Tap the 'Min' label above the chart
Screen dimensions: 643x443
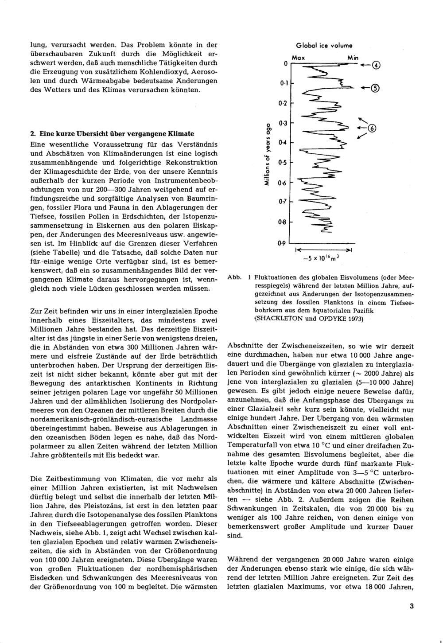pyautogui.click(x=353, y=58)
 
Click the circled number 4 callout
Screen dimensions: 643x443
pyautogui.click(x=376, y=66)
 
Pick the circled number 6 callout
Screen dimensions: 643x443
pyautogui.click(x=372, y=129)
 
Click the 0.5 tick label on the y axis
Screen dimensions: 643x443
pyautogui.click(x=282, y=163)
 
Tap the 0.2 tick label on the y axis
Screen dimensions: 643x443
pyautogui.click(x=282, y=103)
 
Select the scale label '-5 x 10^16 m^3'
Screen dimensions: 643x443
pyautogui.click(x=321, y=258)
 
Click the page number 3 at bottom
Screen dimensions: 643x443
pyautogui.click(x=412, y=607)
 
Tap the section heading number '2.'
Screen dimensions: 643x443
pyautogui.click(x=33, y=133)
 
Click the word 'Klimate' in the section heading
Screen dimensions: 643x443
pyautogui.click(x=181, y=133)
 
